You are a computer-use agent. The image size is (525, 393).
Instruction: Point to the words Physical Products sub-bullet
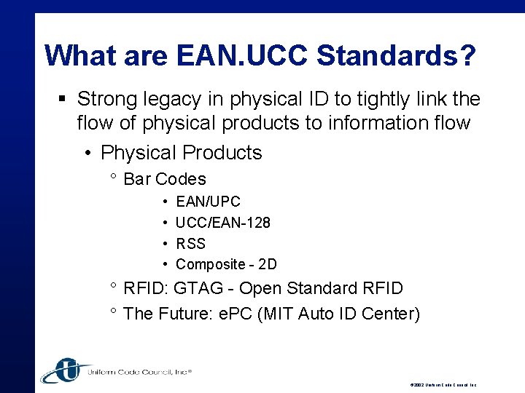pyautogui.click(x=182, y=153)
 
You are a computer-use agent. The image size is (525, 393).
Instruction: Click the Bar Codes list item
pyautogui.click(x=165, y=179)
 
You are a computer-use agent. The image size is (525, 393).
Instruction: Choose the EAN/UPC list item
pyautogui.click(x=208, y=202)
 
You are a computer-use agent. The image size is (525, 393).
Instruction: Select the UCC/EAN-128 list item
pyautogui.click(x=223, y=223)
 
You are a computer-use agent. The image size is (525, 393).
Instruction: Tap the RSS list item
pyautogui.click(x=191, y=244)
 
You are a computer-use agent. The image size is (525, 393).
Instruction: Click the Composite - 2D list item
pyautogui.click(x=226, y=264)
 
